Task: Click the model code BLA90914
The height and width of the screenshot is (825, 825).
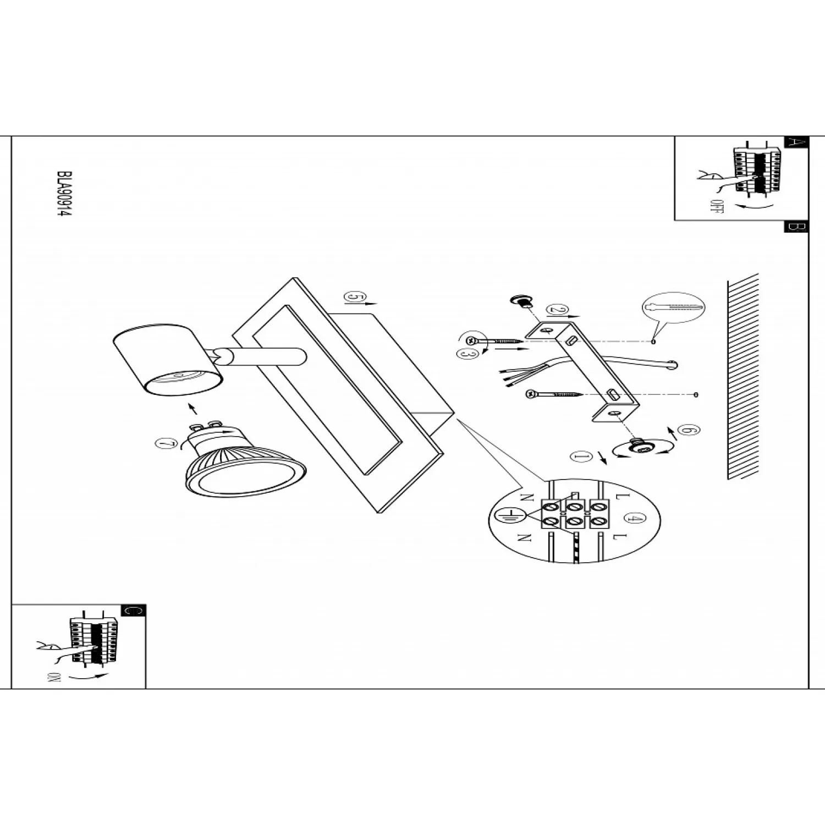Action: (64, 194)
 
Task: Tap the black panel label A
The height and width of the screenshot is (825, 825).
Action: (795, 142)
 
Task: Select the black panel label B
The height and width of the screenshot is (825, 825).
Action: (795, 227)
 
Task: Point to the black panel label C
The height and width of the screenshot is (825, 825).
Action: (133, 610)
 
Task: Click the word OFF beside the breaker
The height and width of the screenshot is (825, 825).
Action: (715, 207)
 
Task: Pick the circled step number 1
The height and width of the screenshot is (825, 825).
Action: (580, 456)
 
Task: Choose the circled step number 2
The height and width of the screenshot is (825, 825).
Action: (558, 310)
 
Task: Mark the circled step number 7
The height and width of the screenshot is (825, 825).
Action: (164, 444)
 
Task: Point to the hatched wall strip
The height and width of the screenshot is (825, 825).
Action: (743, 377)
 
